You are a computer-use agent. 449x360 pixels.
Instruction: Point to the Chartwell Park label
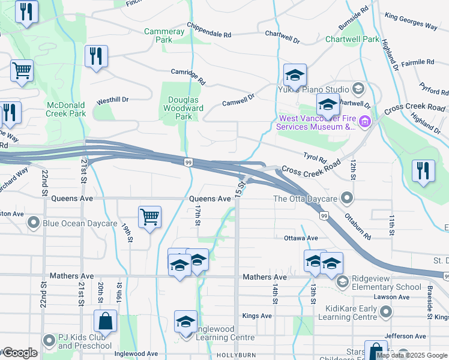(x=352, y=39)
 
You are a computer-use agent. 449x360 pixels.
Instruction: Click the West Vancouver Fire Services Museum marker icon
(x=366, y=122)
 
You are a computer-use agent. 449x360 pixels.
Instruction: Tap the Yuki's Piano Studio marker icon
(x=358, y=89)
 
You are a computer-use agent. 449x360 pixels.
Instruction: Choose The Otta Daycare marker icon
(x=346, y=198)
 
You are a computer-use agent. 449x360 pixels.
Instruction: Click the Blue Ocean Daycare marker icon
(x=34, y=223)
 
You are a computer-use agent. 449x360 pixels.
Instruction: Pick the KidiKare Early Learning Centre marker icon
(x=387, y=312)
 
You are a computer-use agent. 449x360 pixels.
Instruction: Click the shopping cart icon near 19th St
(x=149, y=217)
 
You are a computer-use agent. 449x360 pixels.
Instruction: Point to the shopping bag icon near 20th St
(x=105, y=321)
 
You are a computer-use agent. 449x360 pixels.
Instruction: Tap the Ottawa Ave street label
(x=301, y=238)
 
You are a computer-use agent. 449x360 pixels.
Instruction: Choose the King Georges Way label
(x=411, y=22)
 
